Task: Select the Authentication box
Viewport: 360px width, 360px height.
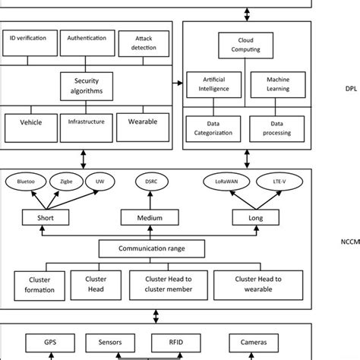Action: pos(87,43)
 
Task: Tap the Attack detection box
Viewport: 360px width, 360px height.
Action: pos(144,43)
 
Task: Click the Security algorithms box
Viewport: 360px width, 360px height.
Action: pos(87,85)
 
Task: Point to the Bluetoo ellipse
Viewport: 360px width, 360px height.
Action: pos(26,182)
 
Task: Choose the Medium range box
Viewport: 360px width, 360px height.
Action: pos(148,218)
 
